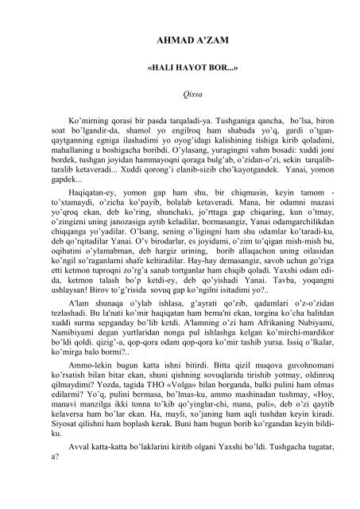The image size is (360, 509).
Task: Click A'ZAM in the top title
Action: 201,38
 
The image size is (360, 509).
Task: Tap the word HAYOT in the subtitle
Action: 177,69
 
